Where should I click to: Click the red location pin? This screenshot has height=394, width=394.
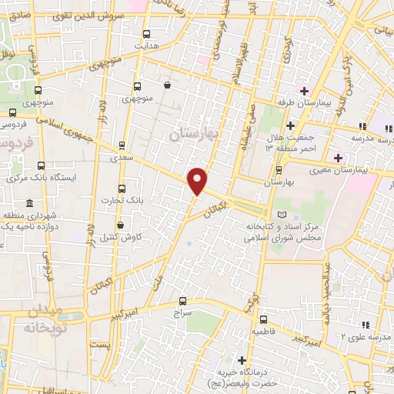tap(198, 180)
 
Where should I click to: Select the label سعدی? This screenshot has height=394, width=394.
tap(122, 156)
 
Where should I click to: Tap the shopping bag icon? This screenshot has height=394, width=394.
tap(168, 85)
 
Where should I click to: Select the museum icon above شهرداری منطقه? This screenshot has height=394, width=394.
tap(29, 203)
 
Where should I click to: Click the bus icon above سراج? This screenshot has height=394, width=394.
tap(182, 301)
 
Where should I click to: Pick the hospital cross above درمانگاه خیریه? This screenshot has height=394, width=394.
tap(243, 360)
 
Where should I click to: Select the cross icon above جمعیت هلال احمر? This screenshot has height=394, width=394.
tap(289, 125)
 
